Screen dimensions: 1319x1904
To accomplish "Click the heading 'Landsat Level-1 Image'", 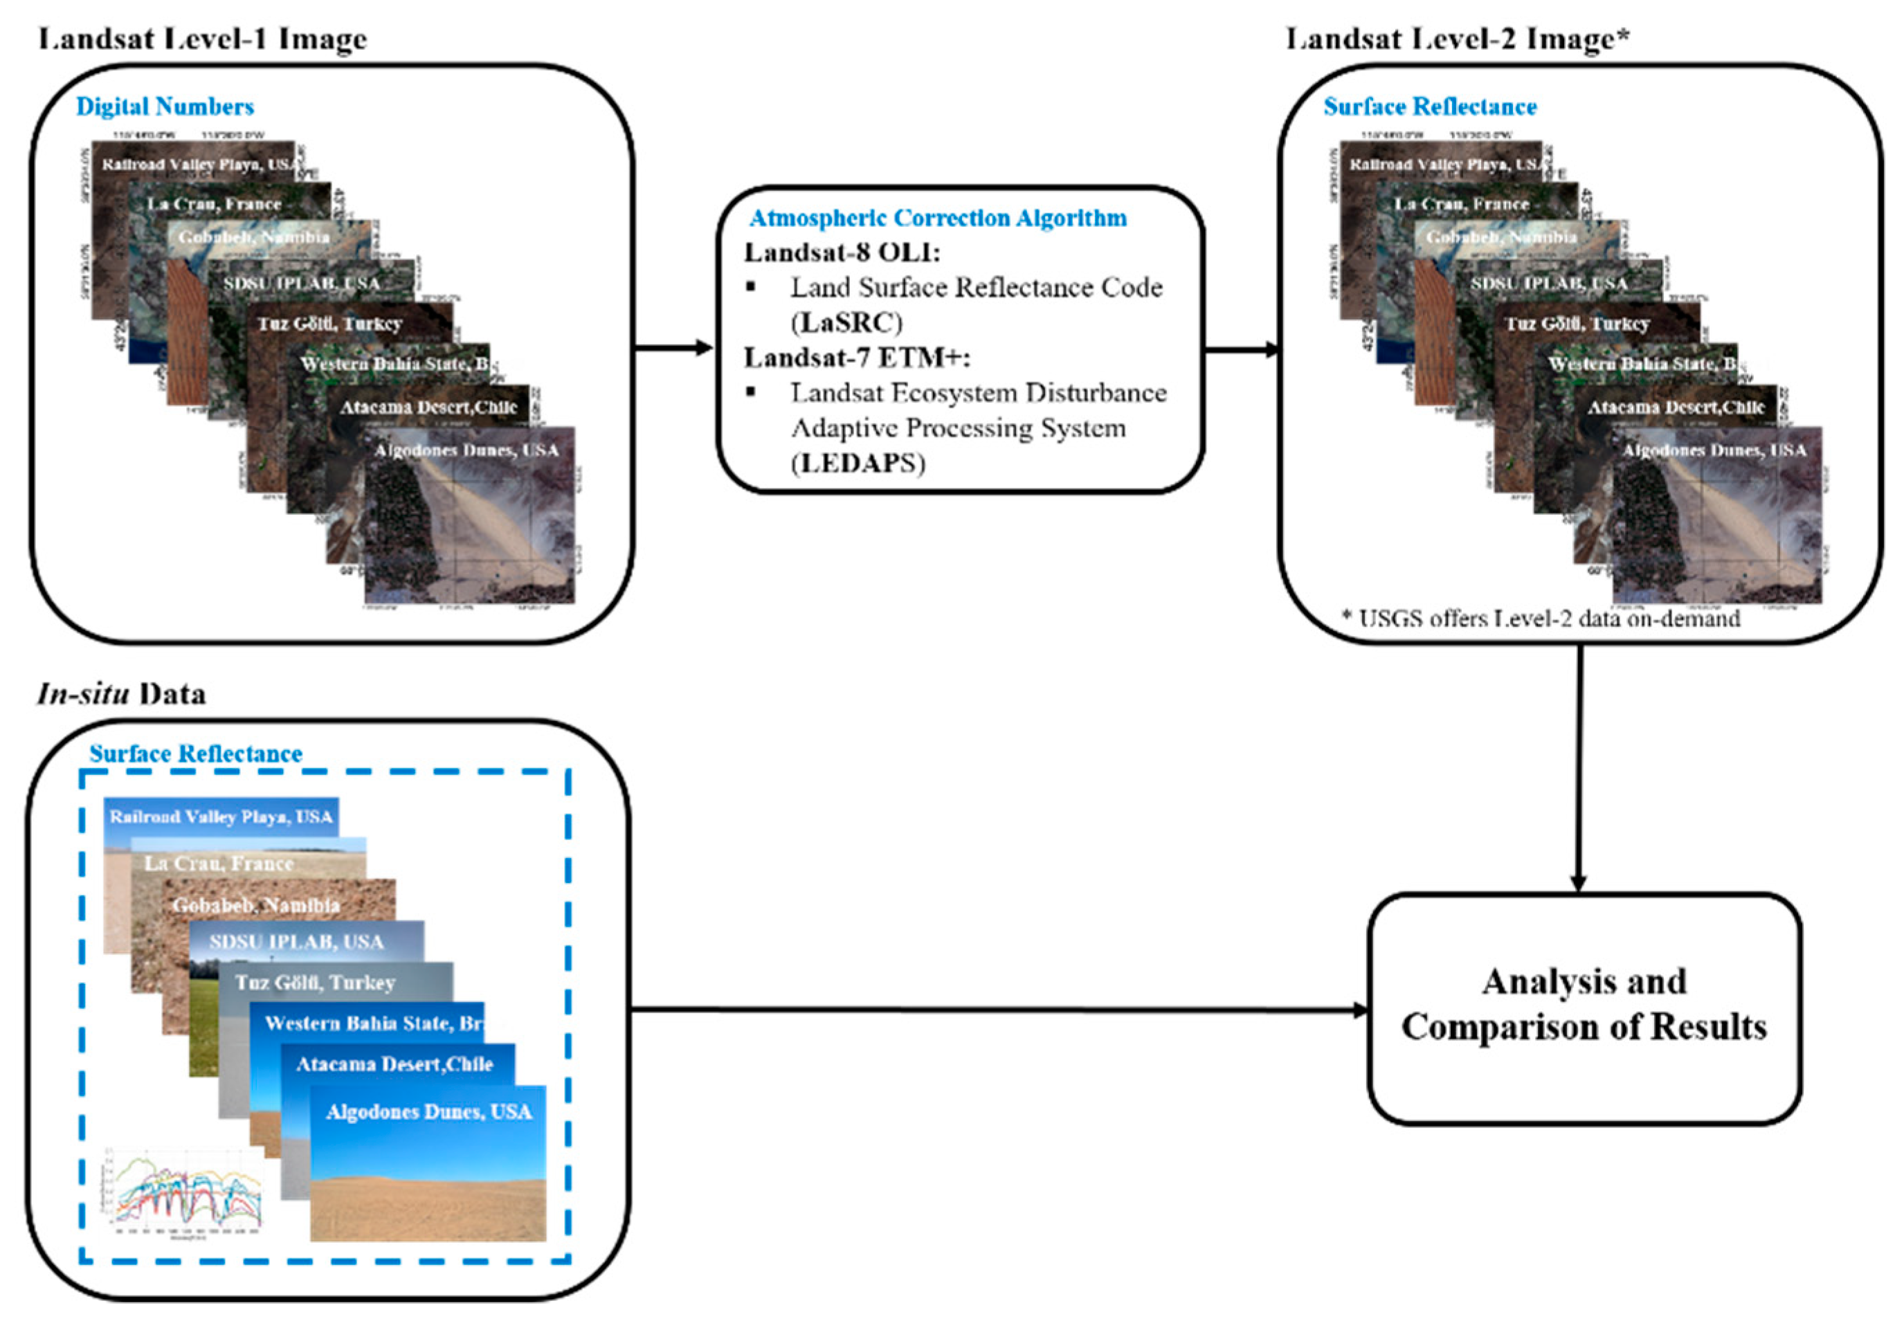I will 203,39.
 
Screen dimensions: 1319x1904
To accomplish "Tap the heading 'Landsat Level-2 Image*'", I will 1457,39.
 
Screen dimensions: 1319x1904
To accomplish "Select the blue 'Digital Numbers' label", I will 165,107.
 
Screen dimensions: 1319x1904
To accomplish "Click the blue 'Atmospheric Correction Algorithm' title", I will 937,218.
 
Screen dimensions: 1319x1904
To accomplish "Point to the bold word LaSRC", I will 848,322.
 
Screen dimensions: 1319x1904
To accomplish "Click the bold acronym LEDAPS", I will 859,463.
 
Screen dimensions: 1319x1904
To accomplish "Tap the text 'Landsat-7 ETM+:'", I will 857,358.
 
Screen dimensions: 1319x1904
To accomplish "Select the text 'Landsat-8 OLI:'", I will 842,252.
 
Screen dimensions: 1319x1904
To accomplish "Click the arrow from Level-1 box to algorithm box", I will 673,348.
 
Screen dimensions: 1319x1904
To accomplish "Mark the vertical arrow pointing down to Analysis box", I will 1579,769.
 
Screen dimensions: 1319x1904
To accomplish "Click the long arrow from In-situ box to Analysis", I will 992,1009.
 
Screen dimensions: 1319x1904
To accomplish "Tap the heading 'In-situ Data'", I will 122,693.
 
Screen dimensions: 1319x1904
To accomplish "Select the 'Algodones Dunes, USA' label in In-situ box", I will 429,1111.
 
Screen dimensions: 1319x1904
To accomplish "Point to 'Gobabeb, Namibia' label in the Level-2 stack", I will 1500,237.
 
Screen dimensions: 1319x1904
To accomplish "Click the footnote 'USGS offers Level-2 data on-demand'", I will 1541,618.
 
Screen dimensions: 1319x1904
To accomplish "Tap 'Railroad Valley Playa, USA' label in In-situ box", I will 221,817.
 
